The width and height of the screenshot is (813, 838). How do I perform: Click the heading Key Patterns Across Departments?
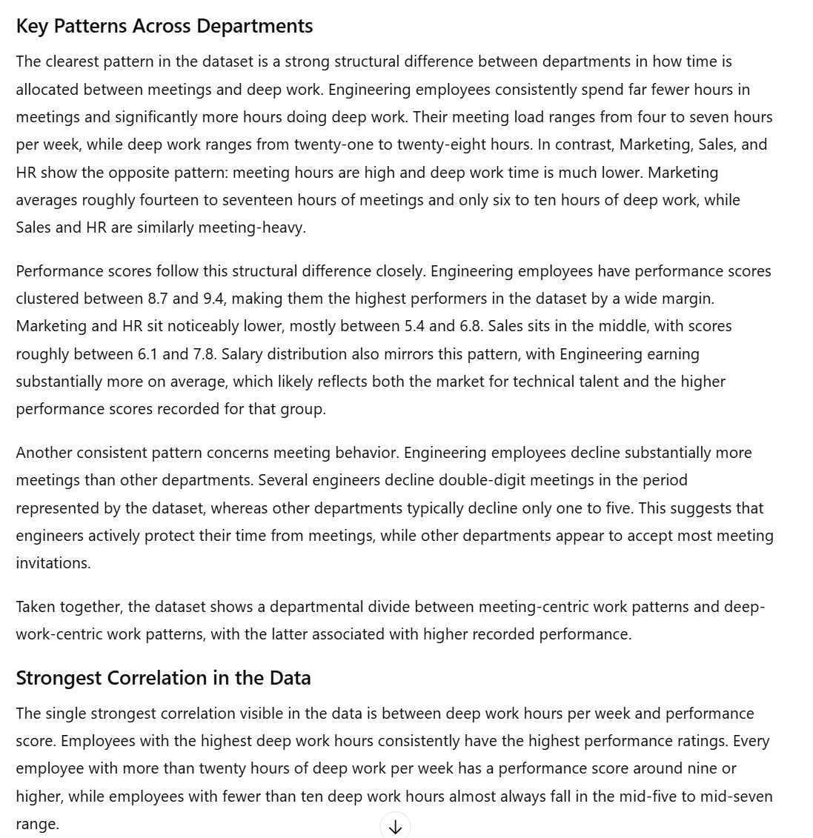[164, 26]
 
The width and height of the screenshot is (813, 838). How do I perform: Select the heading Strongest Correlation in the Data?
[163, 678]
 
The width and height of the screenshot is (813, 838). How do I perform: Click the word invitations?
[53, 563]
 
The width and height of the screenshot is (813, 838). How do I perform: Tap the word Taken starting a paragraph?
[36, 607]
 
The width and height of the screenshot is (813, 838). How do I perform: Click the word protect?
[187, 536]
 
